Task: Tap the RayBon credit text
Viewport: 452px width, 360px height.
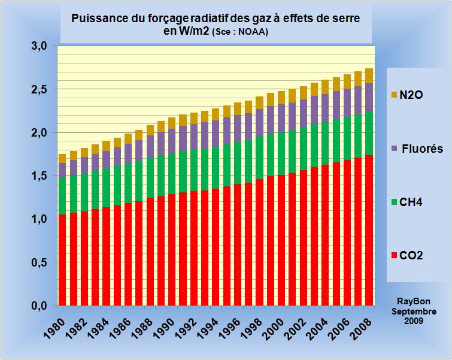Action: pos(413,302)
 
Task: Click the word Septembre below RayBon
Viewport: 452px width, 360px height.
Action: pos(413,311)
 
